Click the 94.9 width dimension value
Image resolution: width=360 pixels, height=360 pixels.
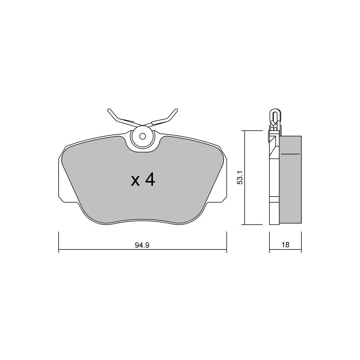[142, 245]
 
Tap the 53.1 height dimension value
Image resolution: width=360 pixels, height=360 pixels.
[240, 177]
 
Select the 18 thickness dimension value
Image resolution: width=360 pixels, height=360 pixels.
[285, 245]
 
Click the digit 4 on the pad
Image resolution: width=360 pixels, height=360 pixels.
[150, 180]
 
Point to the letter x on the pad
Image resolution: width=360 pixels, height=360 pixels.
[135, 181]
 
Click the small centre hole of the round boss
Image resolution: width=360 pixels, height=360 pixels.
[143, 136]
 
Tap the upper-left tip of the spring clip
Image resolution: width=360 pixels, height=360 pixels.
[109, 110]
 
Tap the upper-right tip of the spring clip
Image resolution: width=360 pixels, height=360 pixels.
[176, 110]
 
